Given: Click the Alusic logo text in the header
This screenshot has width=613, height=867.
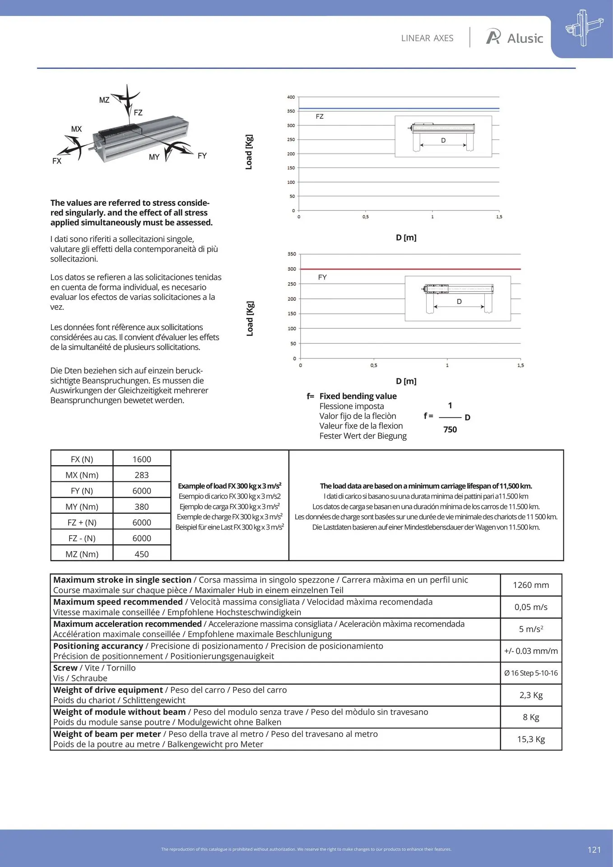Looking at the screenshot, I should tap(525, 38).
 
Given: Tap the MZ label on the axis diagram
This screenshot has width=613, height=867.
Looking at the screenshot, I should tap(104, 100).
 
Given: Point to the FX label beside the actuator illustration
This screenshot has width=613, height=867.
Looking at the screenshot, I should tap(57, 161).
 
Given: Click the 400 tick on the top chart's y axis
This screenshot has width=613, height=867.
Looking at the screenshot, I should tap(291, 97).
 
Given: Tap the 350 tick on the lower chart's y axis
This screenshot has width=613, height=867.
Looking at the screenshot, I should tap(292, 254).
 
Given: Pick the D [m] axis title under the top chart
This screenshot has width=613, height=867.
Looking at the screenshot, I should tap(406, 238).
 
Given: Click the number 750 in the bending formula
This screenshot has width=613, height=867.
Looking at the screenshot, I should tap(450, 429).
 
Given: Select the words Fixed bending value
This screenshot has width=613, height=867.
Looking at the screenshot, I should tap(358, 396).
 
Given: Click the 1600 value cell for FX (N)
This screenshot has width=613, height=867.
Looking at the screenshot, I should tap(142, 459).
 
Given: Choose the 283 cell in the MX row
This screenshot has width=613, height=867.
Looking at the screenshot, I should tap(142, 475).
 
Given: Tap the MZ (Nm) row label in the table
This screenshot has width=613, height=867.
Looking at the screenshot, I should tap(82, 554).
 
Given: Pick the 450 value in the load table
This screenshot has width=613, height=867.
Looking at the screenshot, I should tap(142, 554).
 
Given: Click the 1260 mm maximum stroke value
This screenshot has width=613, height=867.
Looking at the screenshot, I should tap(531, 585).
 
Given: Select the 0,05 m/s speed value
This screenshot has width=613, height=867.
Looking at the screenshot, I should tap(531, 607).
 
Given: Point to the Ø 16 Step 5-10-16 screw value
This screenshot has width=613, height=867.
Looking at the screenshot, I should tap(531, 673).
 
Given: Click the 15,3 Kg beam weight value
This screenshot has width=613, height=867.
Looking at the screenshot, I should tap(531, 739).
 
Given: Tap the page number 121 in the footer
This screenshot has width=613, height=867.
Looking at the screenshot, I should tap(594, 850).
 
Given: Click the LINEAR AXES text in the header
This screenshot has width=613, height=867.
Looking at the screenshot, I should tap(427, 38).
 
